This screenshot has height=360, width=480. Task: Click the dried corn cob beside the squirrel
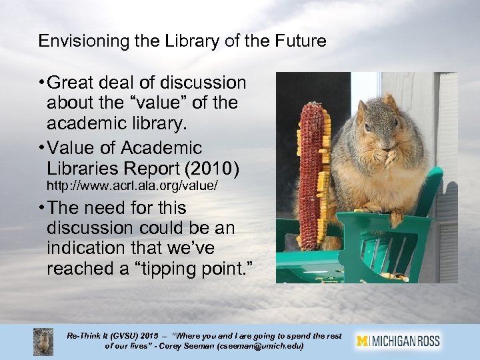310,173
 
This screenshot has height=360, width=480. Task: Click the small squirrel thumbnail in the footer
43,341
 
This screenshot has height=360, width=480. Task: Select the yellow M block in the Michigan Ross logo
362,341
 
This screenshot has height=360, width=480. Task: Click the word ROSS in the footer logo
427,341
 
